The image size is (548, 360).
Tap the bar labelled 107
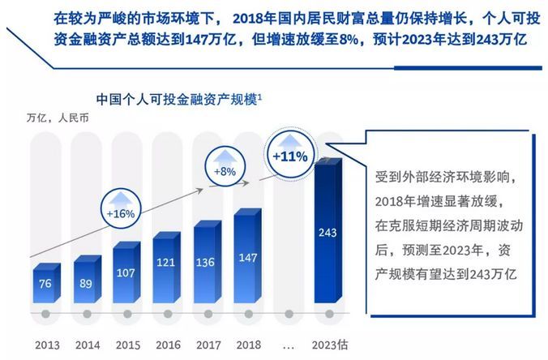point(127,272)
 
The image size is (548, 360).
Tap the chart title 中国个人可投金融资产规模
point(177,100)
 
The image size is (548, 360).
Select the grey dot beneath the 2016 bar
point(167,313)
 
